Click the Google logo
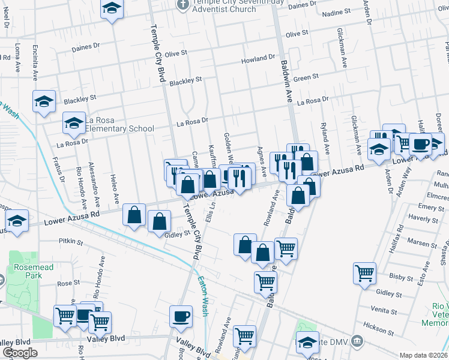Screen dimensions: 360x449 click(20, 353)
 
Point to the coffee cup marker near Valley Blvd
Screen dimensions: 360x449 click(181, 316)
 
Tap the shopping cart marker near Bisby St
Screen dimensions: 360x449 click(364, 273)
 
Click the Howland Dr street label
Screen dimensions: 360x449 click(258, 60)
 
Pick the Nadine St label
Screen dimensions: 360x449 click(336, 12)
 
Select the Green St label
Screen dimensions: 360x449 click(306, 77)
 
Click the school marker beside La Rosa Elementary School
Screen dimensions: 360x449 click(74, 124)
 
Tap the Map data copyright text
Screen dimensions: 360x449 click(424, 355)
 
